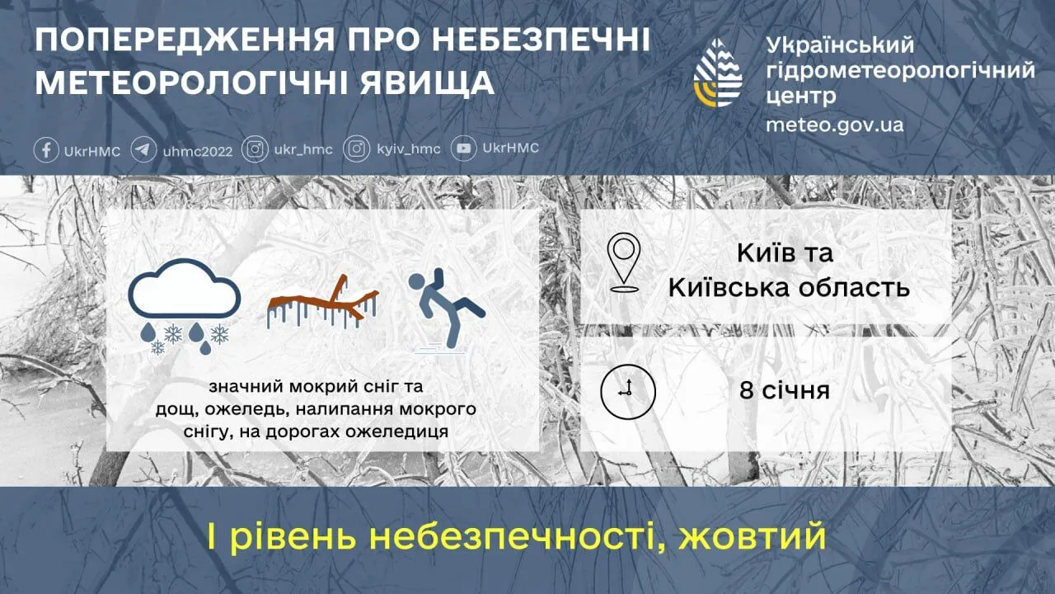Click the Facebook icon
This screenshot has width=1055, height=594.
pyautogui.click(x=46, y=150)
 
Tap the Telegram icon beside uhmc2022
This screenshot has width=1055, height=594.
pyautogui.click(x=143, y=150)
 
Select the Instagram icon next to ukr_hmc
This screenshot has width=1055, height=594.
pyautogui.click(x=256, y=149)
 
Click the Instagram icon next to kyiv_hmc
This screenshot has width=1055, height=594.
pyautogui.click(x=356, y=149)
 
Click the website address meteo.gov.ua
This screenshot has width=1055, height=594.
pyautogui.click(x=834, y=125)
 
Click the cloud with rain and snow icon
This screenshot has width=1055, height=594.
pyautogui.click(x=184, y=306)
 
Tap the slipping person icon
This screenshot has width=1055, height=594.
pyautogui.click(x=446, y=309)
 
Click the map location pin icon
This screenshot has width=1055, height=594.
pyautogui.click(x=624, y=263)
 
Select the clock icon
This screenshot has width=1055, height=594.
pyautogui.click(x=627, y=391)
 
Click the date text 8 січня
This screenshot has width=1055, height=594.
pyautogui.click(x=784, y=389)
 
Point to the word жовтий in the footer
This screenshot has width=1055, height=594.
pyautogui.click(x=753, y=537)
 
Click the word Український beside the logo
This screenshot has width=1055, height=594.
pyautogui.click(x=840, y=45)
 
